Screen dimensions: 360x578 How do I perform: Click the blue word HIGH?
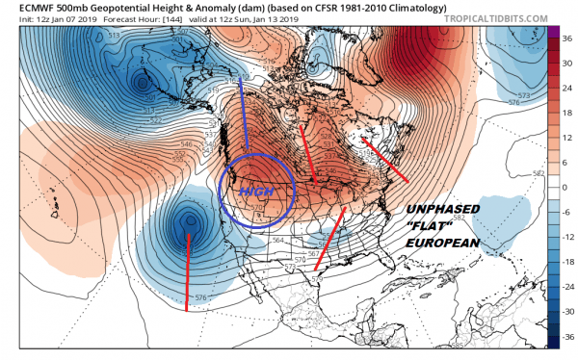254,192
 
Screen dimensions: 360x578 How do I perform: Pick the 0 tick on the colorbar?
566,187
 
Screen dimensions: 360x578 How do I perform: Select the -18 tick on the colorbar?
566,262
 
